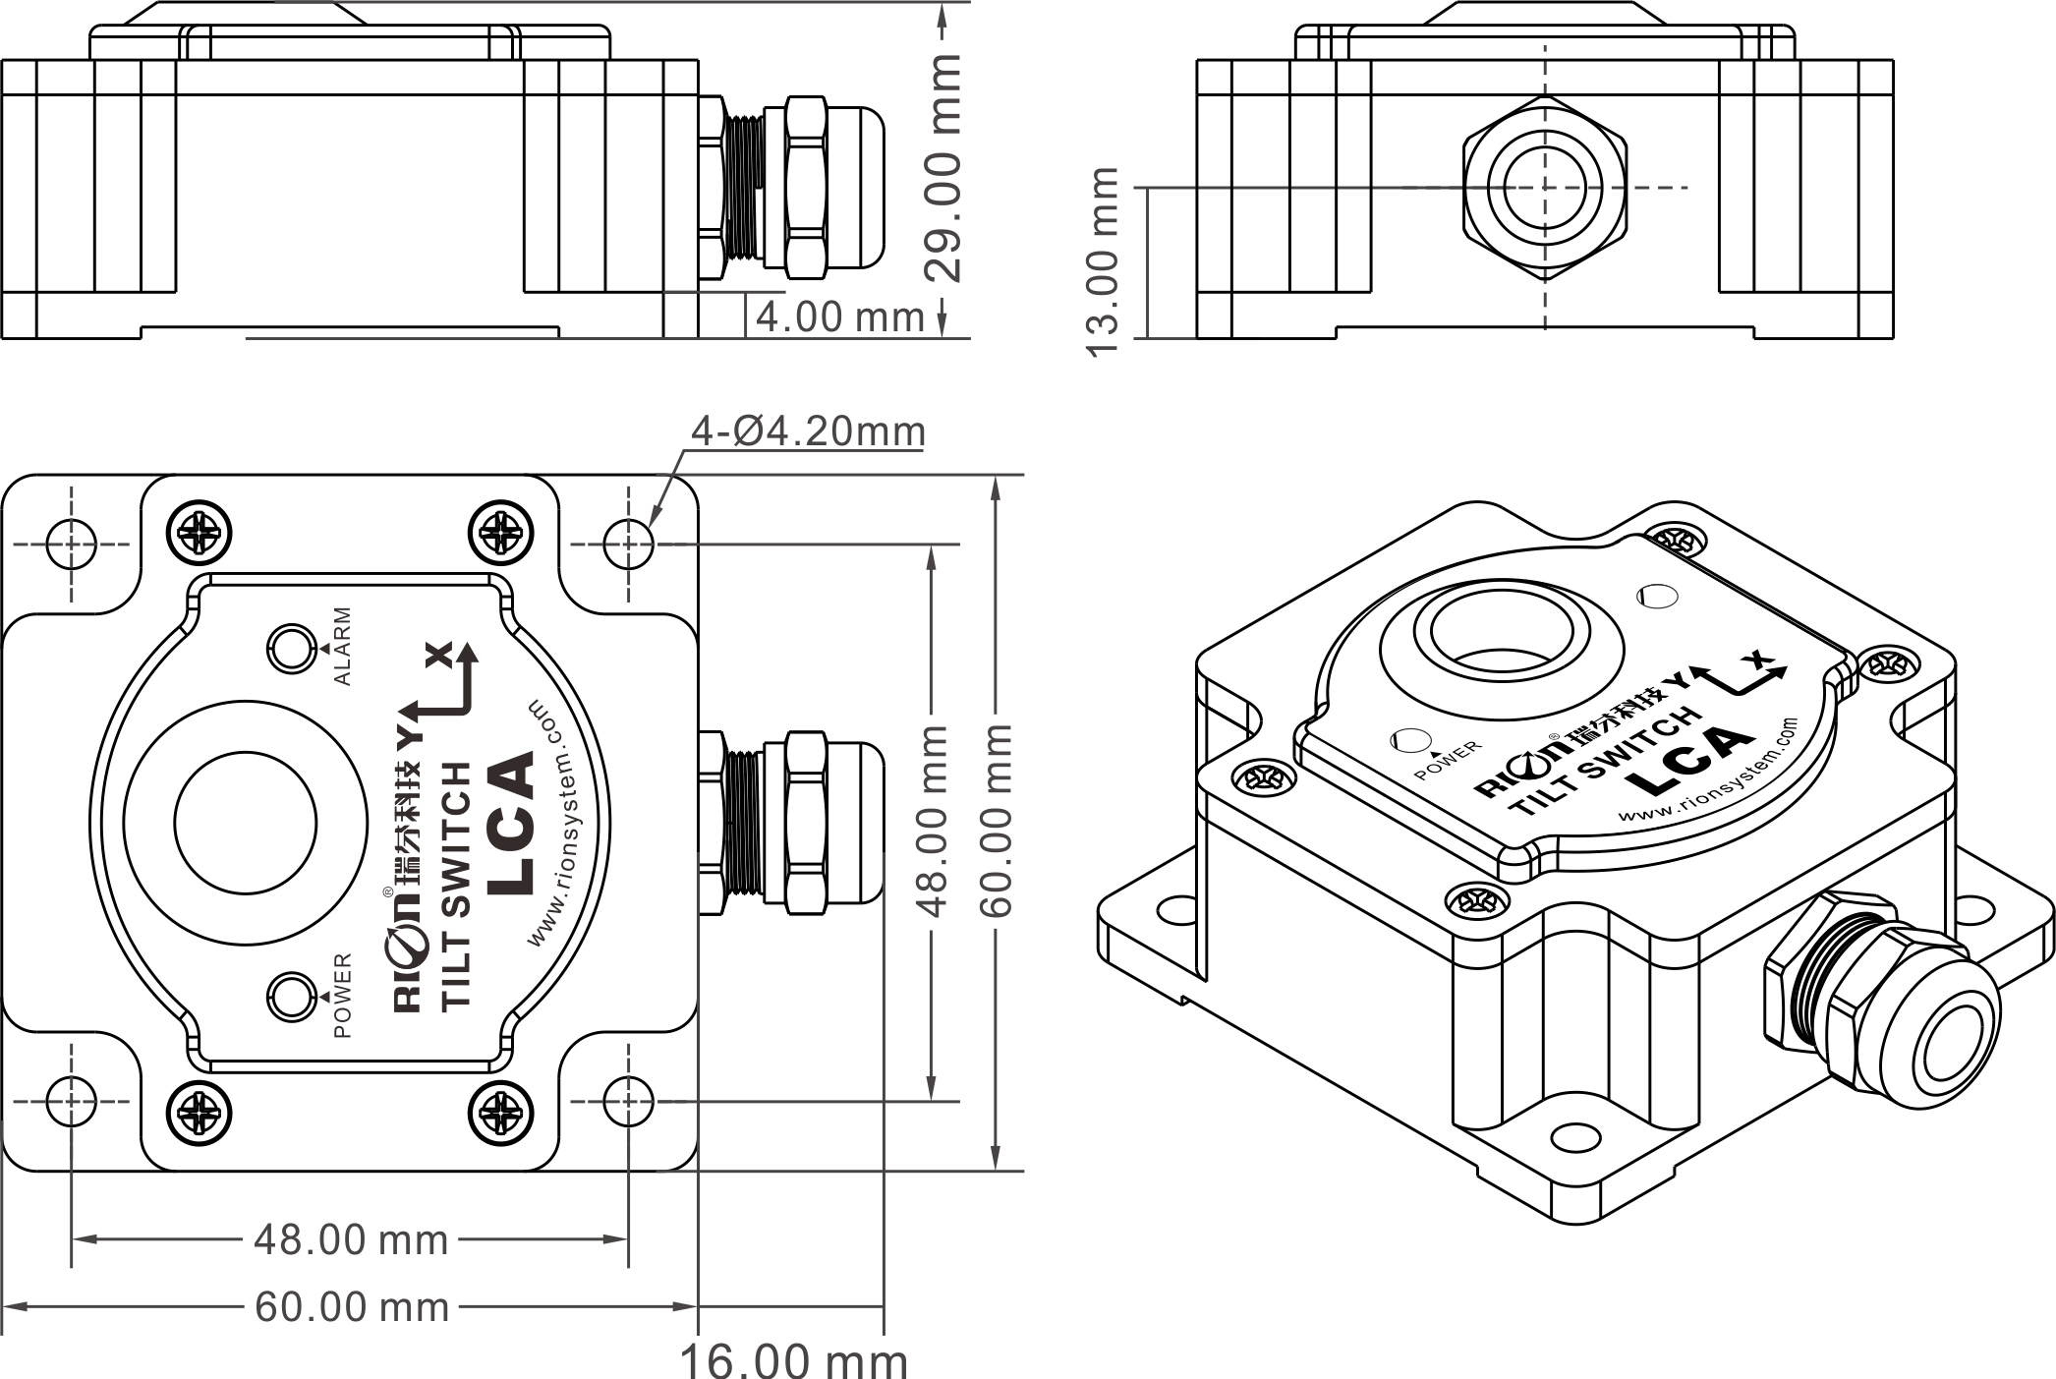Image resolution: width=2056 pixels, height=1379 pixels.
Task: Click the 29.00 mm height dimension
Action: click(x=944, y=168)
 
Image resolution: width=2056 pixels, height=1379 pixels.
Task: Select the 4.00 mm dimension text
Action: click(x=840, y=316)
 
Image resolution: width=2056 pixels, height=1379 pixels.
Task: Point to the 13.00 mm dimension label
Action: click(x=1104, y=262)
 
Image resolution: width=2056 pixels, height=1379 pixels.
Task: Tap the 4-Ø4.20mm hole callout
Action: click(x=808, y=431)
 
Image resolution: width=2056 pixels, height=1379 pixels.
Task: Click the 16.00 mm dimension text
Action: click(x=794, y=1361)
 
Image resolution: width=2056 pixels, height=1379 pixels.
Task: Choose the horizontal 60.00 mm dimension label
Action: click(x=352, y=1306)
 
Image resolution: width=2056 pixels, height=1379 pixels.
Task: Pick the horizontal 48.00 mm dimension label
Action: click(x=352, y=1239)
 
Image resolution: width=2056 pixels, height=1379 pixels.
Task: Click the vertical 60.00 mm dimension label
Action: click(x=997, y=821)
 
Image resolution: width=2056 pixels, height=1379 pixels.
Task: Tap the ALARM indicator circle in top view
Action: click(x=292, y=649)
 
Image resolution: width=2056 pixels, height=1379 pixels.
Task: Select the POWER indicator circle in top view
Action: click(x=292, y=997)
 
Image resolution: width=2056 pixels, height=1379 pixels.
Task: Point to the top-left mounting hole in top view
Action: click(x=72, y=544)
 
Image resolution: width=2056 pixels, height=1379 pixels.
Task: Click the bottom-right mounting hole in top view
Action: click(x=629, y=1101)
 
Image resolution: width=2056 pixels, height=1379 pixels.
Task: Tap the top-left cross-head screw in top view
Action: click(x=200, y=534)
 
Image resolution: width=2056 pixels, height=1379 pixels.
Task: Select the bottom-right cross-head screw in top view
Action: click(x=501, y=1112)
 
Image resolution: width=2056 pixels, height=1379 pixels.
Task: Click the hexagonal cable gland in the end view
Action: click(x=1545, y=187)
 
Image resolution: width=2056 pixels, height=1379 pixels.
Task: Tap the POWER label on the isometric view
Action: click(x=1448, y=761)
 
